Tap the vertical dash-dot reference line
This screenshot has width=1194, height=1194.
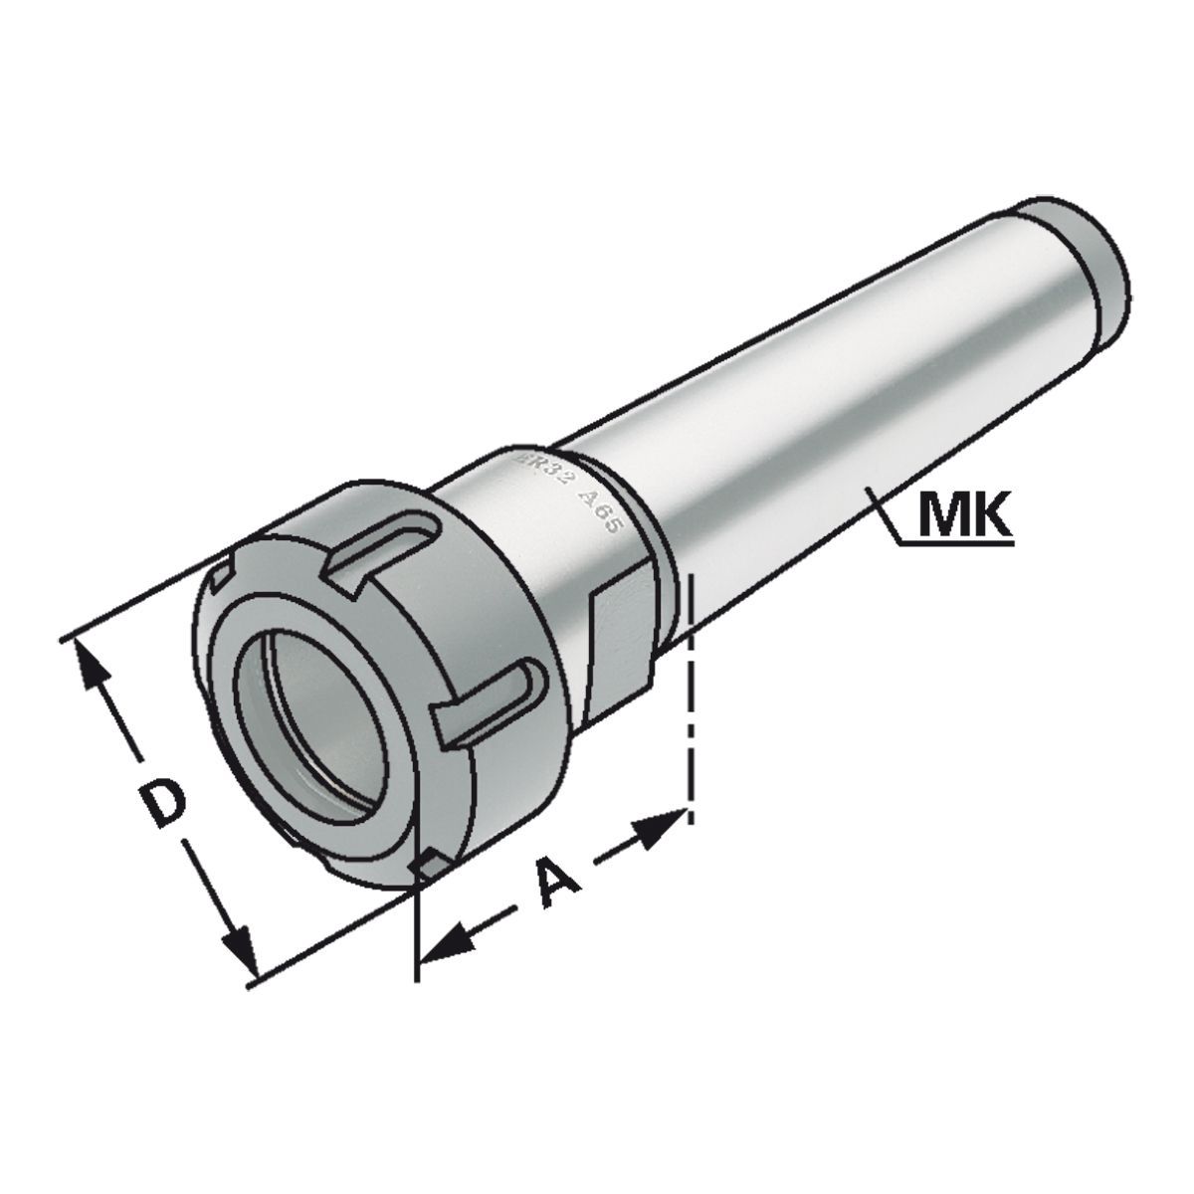click(689, 696)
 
